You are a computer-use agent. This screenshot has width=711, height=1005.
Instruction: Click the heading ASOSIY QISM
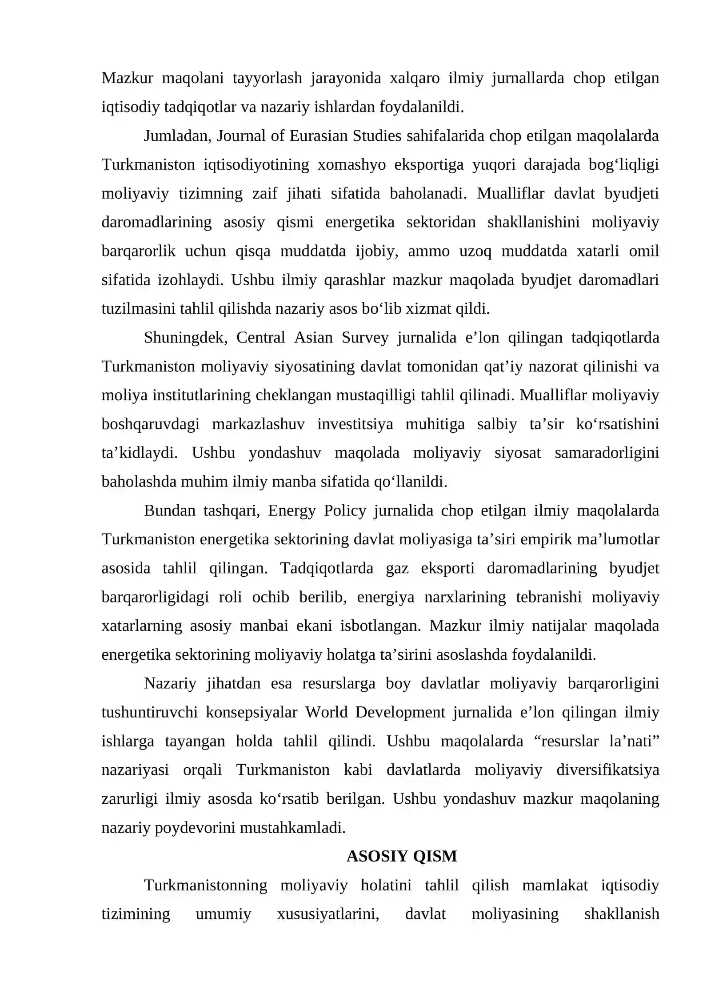click(401, 856)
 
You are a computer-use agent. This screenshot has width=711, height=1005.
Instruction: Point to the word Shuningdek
click(185, 337)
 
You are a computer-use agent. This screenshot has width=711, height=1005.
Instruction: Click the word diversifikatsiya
click(607, 770)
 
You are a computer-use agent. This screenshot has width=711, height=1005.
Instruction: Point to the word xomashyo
click(352, 165)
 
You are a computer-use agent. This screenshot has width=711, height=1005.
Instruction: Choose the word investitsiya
click(355, 424)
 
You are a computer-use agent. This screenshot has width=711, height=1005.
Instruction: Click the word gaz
click(397, 568)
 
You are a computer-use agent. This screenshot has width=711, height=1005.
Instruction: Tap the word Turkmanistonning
click(205, 885)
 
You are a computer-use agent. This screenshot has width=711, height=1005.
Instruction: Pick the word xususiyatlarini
click(328, 914)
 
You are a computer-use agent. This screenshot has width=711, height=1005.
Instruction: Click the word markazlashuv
click(258, 424)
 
